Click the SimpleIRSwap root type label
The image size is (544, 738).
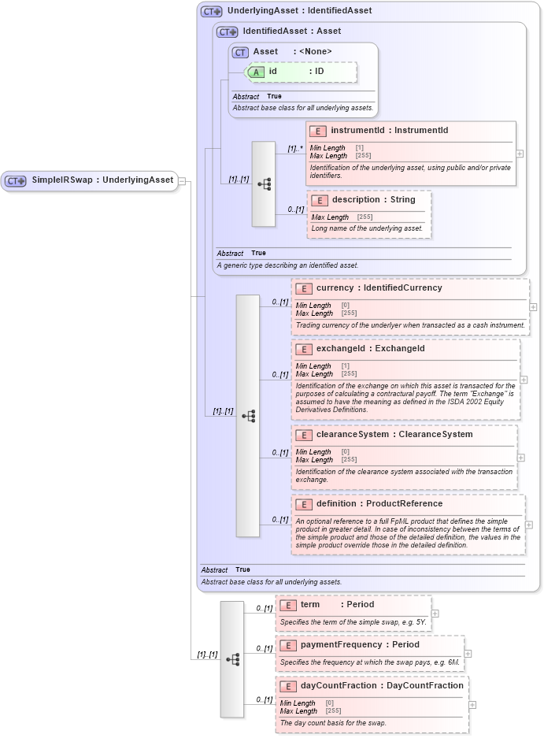click(x=102, y=180)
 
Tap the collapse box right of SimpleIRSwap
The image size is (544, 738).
click(x=182, y=180)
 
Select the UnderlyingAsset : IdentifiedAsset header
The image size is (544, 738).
click(x=299, y=11)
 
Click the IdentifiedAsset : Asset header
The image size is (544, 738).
click(x=291, y=32)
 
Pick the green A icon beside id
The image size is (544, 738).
click(x=257, y=72)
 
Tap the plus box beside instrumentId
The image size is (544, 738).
click(x=520, y=154)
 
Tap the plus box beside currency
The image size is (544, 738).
click(x=534, y=307)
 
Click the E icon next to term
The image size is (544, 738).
click(x=287, y=605)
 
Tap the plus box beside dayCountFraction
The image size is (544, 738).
click(x=472, y=705)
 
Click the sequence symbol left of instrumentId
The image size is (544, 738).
click(x=264, y=184)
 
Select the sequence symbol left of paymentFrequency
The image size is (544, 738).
click(x=232, y=659)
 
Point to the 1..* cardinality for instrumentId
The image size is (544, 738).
click(x=295, y=148)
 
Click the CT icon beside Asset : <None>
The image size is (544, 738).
click(x=240, y=52)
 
